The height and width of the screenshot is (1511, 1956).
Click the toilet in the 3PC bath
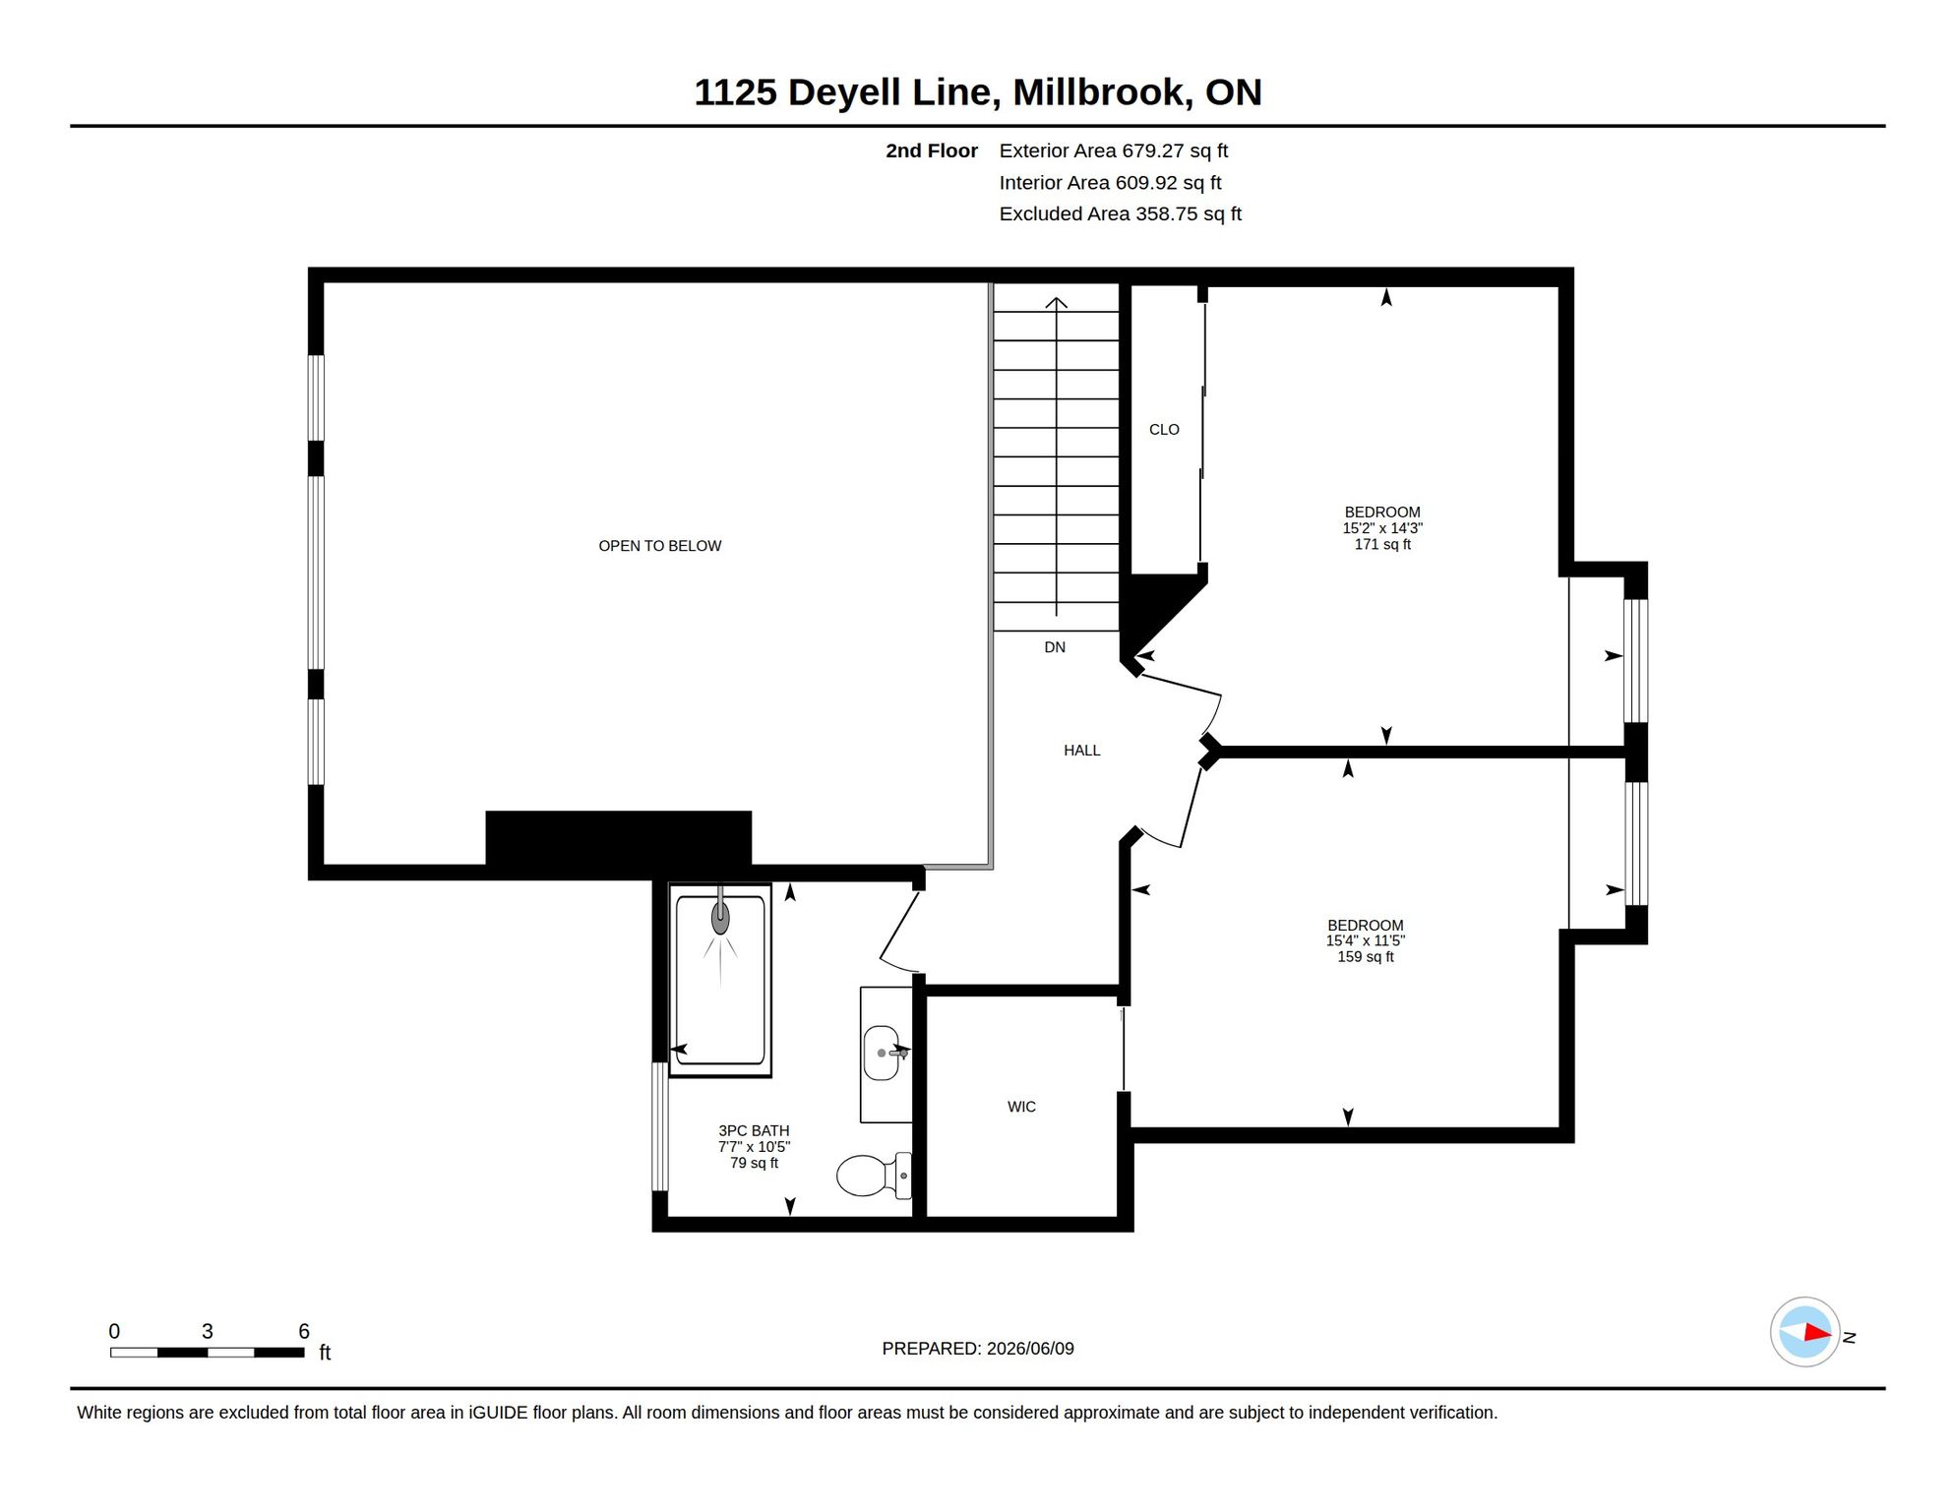[x=874, y=1175]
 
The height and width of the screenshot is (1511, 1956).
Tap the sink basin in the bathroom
[x=882, y=1053]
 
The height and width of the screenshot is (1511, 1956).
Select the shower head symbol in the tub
[x=720, y=917]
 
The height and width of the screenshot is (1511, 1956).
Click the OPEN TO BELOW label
[x=659, y=546]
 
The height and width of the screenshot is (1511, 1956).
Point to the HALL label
[x=1081, y=751]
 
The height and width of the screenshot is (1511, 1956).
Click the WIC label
[x=1021, y=1107]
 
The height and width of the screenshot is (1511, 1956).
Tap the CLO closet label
[x=1164, y=430]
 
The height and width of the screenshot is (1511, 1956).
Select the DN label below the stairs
[x=1055, y=647]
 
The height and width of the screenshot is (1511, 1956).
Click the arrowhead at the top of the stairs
[x=1056, y=302]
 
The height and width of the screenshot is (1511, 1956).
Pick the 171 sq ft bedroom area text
[x=1382, y=544]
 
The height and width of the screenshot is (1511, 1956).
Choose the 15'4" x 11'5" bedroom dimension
[x=1365, y=940]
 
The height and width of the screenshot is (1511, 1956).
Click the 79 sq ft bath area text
[x=754, y=1163]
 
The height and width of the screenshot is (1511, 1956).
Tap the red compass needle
[x=1817, y=1333]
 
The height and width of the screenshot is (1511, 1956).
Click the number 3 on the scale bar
[x=207, y=1331]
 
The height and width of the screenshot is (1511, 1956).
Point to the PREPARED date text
[x=978, y=1349]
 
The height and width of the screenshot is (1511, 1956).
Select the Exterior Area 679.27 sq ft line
[x=1114, y=151]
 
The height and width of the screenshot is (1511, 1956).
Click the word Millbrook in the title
[x=1103, y=92]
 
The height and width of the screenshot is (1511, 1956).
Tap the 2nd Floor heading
[x=931, y=151]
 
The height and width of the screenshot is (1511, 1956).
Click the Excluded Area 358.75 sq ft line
[x=1121, y=213]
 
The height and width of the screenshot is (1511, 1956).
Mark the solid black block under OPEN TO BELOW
[x=619, y=838]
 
